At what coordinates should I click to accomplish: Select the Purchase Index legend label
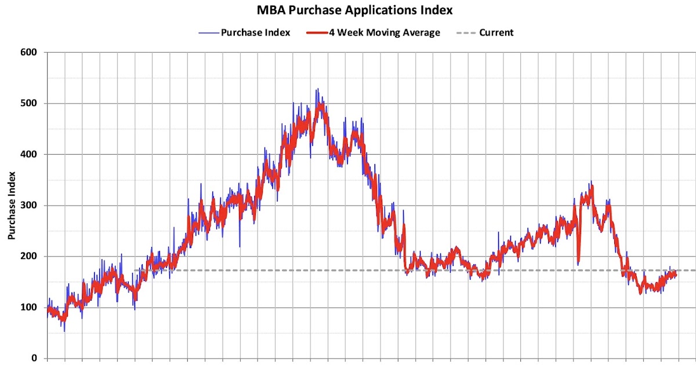point(256,32)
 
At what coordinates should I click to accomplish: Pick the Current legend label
point(496,32)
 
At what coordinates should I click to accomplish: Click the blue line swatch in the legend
point(208,32)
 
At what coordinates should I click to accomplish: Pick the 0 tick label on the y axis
point(34,358)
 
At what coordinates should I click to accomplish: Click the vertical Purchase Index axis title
point(11,206)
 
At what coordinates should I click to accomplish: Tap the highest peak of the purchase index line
point(317,89)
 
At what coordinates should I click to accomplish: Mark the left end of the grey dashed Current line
point(135,270)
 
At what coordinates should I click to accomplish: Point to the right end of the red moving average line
point(676,275)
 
